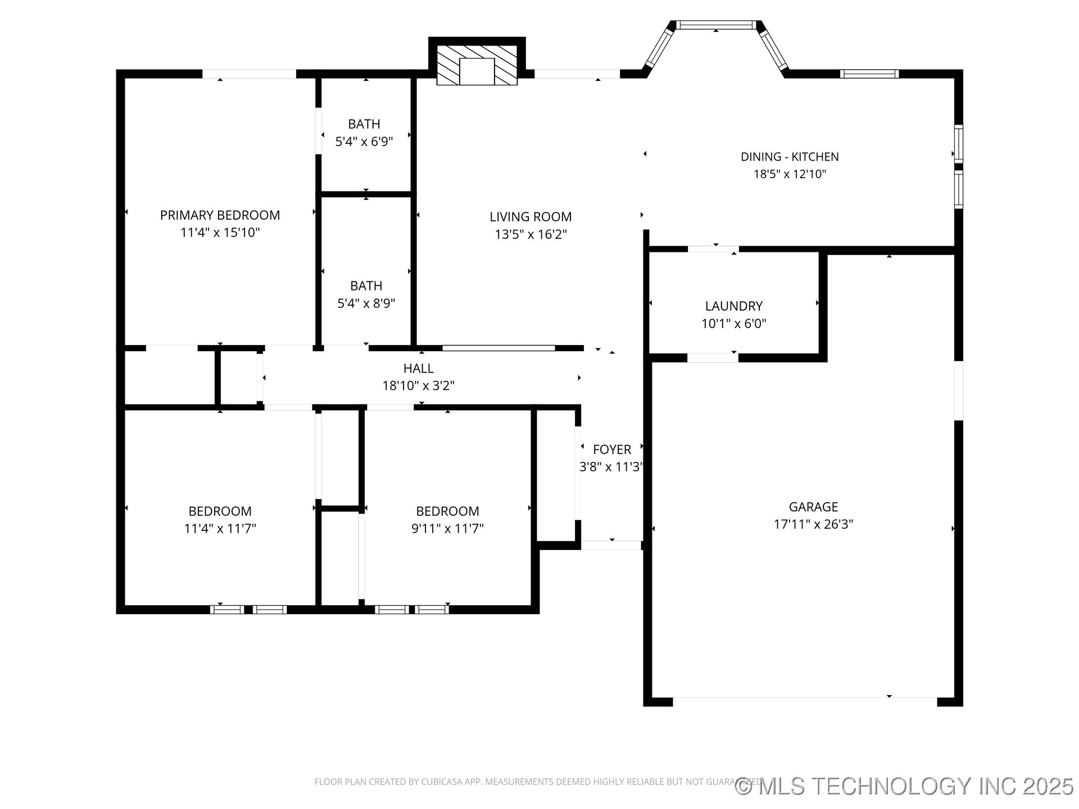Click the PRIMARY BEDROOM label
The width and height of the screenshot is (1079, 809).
coord(220,215)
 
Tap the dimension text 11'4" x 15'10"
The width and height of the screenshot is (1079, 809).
coord(220,233)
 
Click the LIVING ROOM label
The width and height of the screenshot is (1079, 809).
coord(531,217)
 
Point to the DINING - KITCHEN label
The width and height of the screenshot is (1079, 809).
coord(789,157)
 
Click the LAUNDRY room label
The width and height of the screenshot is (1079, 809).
coord(733,306)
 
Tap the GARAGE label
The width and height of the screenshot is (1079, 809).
coord(813,507)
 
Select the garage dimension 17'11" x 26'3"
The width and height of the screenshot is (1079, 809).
coord(813,524)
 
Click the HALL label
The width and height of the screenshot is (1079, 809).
coord(418,369)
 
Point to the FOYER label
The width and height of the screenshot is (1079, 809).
coord(611,449)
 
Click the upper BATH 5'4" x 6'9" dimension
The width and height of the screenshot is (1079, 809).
coord(364,142)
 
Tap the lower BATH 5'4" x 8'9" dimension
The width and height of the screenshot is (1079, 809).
coord(366,303)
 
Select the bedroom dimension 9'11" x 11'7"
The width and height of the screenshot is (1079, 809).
coord(447,529)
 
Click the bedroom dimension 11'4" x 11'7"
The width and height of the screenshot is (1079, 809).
coord(220,529)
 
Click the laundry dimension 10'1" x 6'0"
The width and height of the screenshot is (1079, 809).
coord(733,324)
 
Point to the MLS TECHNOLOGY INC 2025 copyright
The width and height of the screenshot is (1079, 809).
coord(905,786)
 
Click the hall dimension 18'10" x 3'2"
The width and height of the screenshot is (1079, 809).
coord(418,386)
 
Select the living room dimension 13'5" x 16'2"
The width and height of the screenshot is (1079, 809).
coord(531,234)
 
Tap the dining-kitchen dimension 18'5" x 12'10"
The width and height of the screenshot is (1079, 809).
coord(789,174)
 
